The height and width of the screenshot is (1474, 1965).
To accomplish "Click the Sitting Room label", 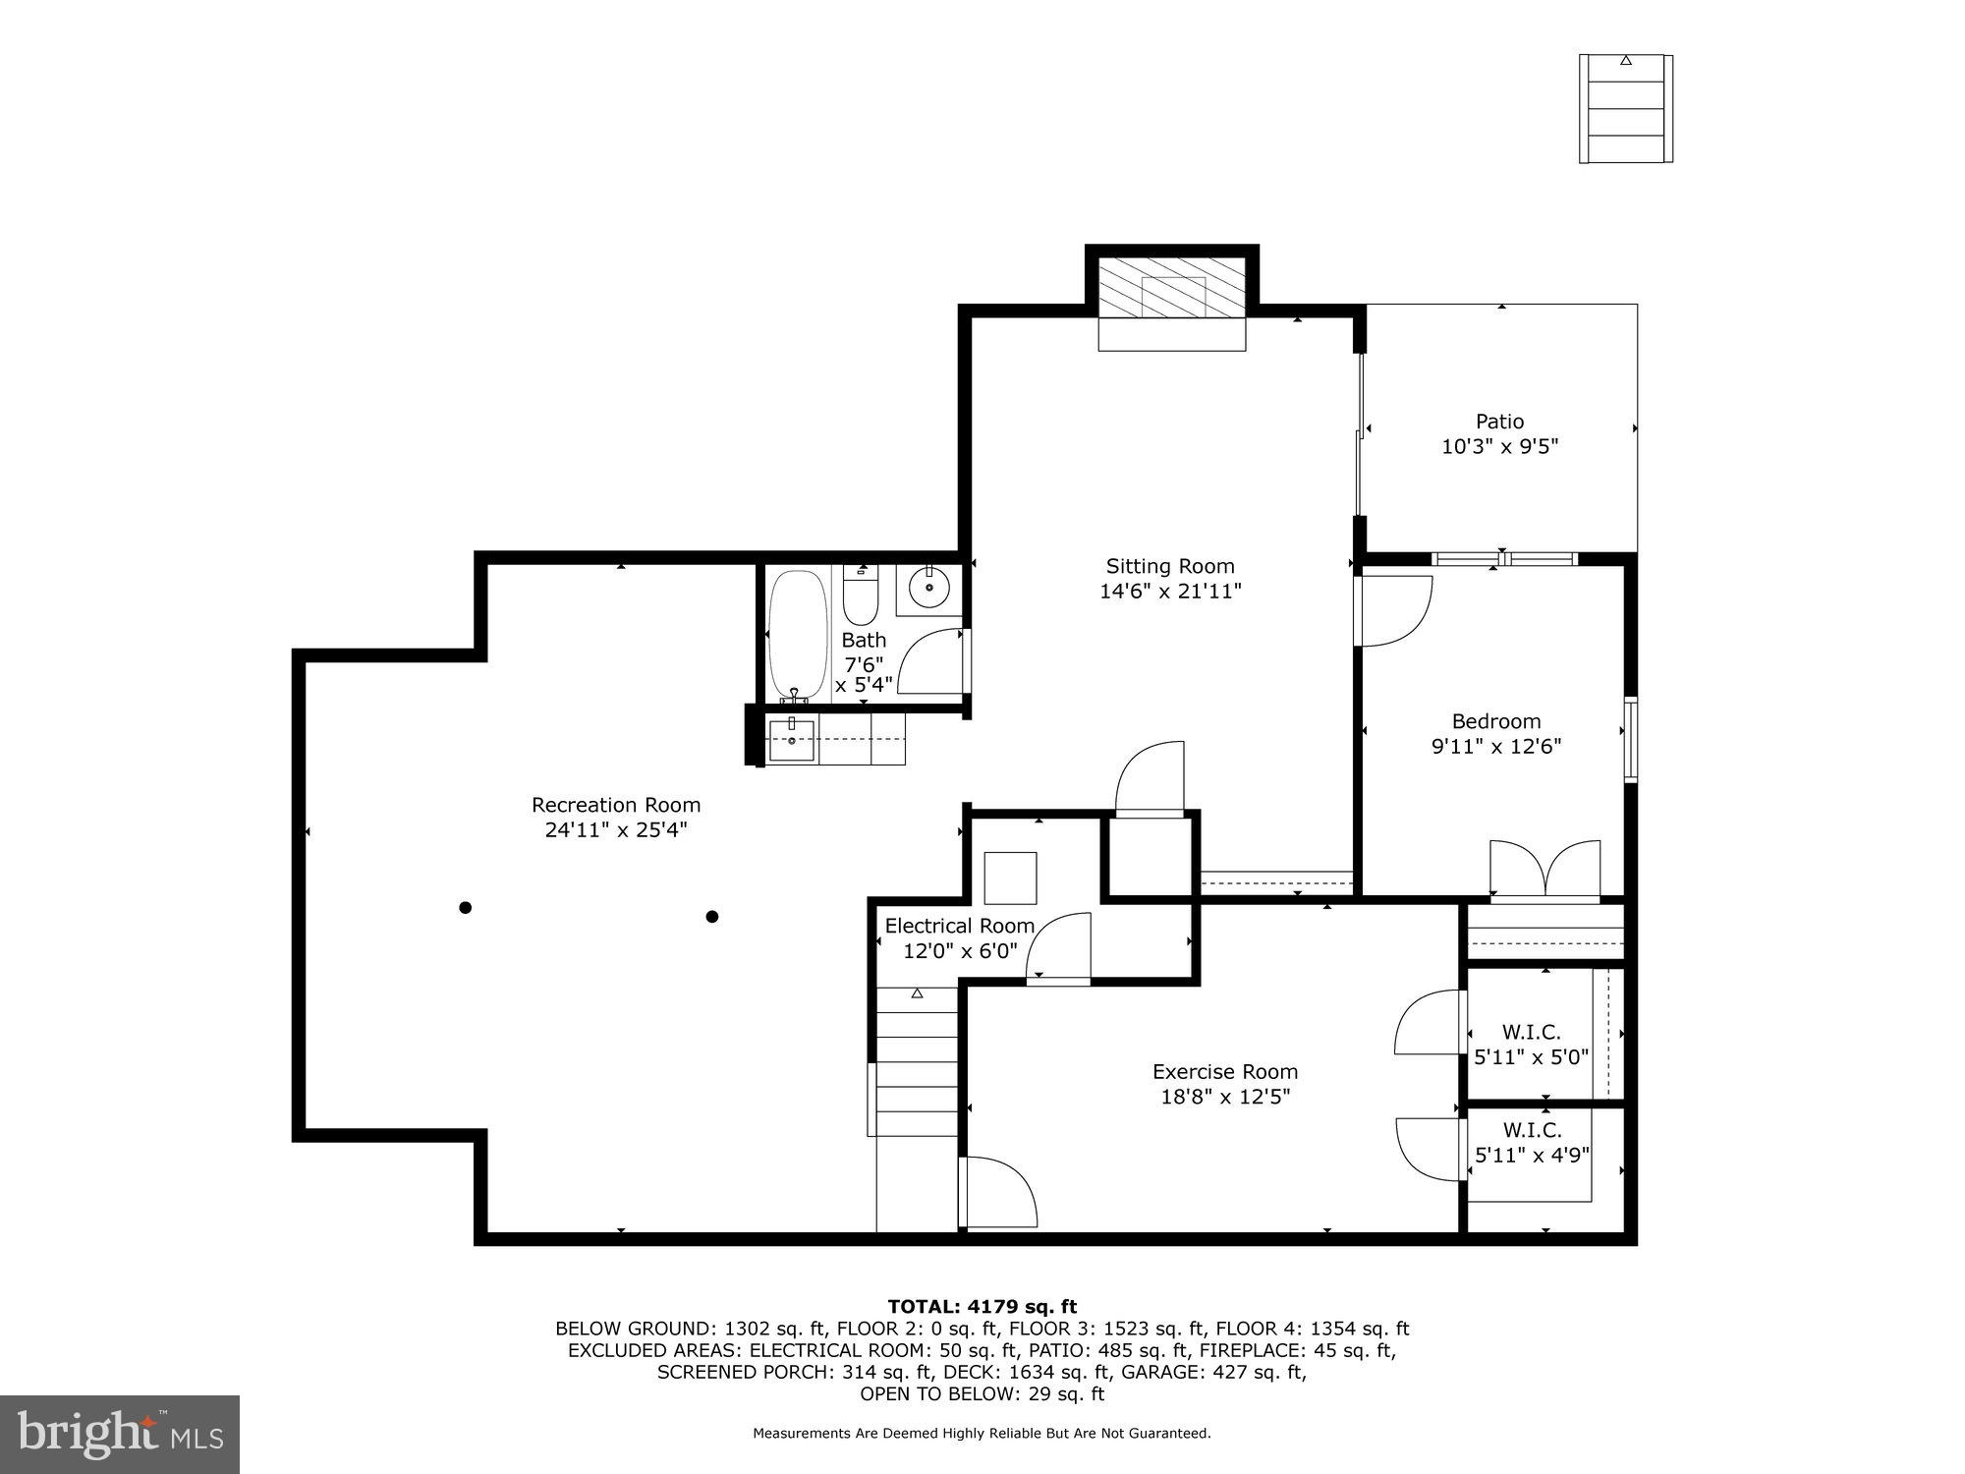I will (x=1169, y=566).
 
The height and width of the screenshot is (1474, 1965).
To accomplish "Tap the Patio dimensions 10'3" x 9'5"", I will (x=1499, y=447).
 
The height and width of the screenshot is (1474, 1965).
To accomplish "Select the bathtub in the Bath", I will (x=798, y=634).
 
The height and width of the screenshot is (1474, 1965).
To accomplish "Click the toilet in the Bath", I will (x=860, y=597).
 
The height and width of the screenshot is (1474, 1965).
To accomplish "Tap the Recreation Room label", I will (x=616, y=805).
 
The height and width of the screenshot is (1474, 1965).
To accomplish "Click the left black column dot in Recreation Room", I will (x=466, y=907).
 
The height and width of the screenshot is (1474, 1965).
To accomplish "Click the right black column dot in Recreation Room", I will (x=712, y=917).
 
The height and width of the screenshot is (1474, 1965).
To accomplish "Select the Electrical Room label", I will (x=959, y=926).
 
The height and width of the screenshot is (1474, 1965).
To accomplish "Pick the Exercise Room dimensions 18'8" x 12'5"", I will (x=1224, y=1097).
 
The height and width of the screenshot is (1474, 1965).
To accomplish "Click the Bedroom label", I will (x=1495, y=721).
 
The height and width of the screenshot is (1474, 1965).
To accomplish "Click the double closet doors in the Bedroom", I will (x=1544, y=869).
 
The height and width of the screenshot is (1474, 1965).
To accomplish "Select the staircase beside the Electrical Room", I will (x=917, y=1061).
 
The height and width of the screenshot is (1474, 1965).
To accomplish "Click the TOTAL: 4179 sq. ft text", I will (x=982, y=1307).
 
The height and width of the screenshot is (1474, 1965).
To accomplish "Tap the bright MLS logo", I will (x=120, y=1435).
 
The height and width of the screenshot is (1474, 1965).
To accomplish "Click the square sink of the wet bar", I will (x=791, y=740).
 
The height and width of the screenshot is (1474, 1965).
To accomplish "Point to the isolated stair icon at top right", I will (x=1625, y=108).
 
